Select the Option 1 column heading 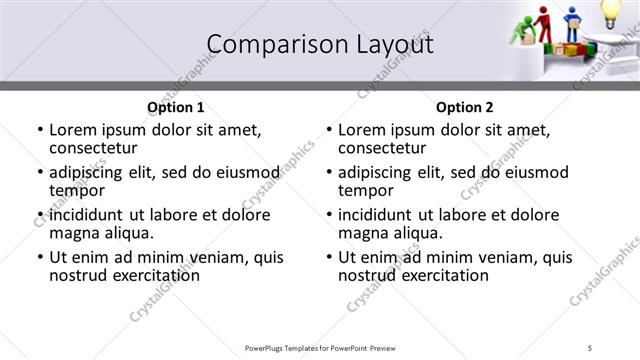(x=176, y=107)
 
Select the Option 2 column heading (x=465, y=107)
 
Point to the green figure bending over (x=523, y=33)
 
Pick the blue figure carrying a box (x=573, y=24)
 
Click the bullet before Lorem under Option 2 (x=328, y=130)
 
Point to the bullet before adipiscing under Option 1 (x=39, y=173)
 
